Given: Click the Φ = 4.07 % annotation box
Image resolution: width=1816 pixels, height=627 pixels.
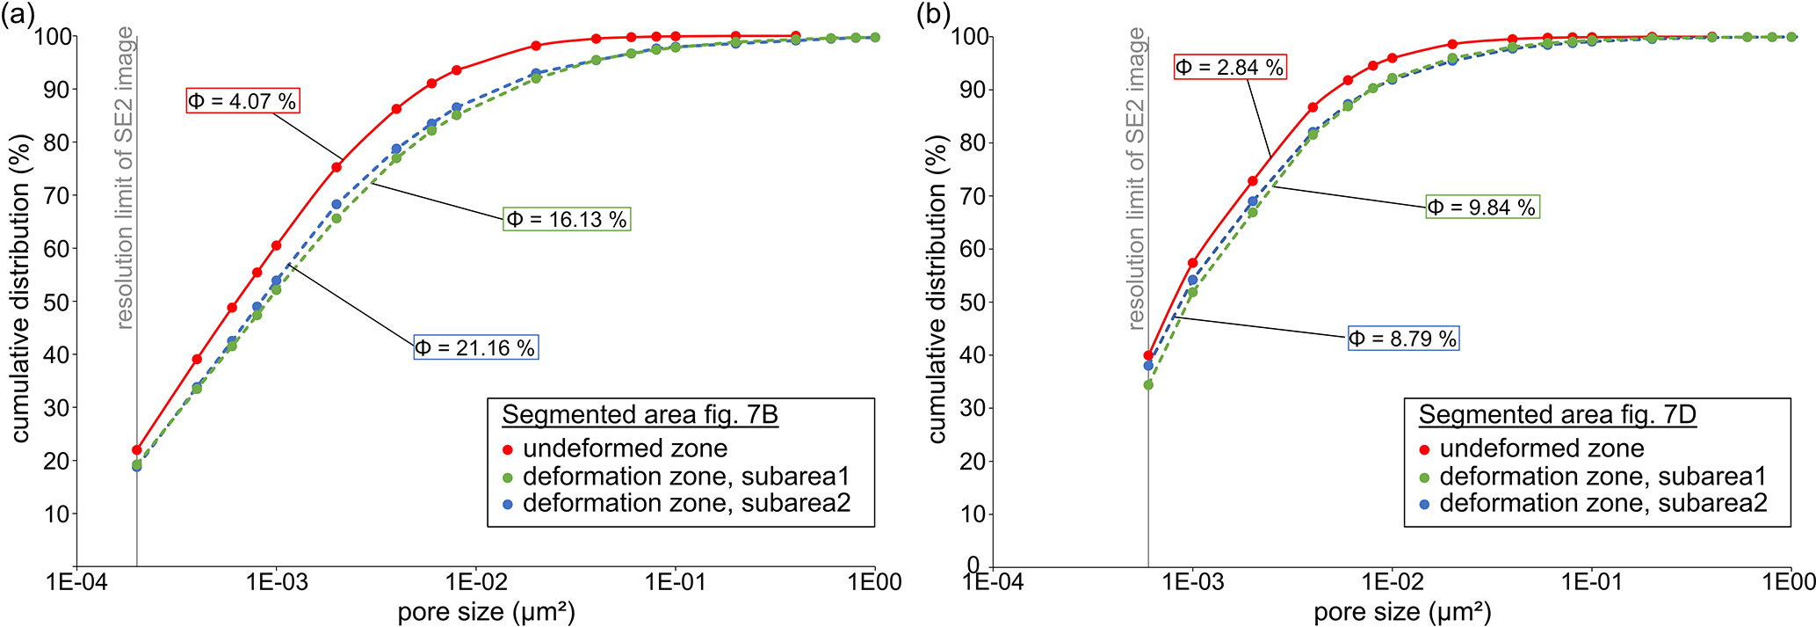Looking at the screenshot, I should click(242, 101).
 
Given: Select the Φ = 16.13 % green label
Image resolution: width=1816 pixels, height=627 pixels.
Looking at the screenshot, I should click(567, 219).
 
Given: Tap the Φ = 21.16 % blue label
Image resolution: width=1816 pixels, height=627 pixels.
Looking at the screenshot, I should click(475, 347).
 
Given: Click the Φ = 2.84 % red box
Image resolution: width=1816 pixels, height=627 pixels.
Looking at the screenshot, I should click(1230, 67).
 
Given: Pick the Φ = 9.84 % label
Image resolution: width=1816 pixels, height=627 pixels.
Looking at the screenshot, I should click(1482, 208).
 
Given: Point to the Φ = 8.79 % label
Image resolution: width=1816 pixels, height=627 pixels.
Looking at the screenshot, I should click(1403, 339).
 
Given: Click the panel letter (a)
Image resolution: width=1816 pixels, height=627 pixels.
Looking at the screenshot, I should click(17, 15).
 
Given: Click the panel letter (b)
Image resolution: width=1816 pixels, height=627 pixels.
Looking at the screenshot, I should click(933, 15).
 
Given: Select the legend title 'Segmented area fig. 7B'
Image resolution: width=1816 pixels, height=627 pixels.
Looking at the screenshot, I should click(640, 414).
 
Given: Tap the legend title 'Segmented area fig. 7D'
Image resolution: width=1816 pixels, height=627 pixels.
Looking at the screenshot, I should click(1557, 414).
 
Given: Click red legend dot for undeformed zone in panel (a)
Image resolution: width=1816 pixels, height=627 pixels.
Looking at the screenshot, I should click(507, 449).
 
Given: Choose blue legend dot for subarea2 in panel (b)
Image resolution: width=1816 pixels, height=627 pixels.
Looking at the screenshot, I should click(1424, 504).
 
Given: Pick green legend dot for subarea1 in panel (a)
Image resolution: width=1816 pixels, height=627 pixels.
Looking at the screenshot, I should click(507, 478).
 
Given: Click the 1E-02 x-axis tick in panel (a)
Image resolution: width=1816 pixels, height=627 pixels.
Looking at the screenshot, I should click(475, 583).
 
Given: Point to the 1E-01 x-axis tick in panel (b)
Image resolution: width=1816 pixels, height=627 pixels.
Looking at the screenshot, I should click(1591, 583).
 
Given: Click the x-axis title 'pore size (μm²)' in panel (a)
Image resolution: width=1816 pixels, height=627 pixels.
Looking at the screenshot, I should click(486, 612).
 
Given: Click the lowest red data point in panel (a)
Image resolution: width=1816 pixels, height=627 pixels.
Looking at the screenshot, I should click(137, 449).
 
